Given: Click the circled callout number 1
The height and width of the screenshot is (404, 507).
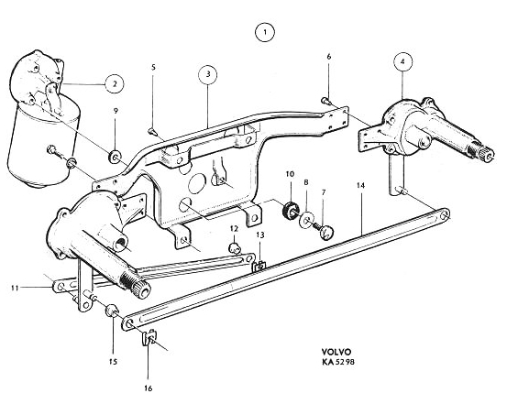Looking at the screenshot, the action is pyautogui.click(x=265, y=32).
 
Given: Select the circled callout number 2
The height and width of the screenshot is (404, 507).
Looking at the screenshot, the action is pyautogui.click(x=115, y=84).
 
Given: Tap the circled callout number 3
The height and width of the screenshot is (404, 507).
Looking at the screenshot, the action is pyautogui.click(x=207, y=74).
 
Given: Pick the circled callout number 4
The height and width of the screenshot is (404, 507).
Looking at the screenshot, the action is pyautogui.click(x=402, y=62).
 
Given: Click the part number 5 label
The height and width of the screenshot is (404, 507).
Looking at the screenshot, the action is pyautogui.click(x=153, y=67).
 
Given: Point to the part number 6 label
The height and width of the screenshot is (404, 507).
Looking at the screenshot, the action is pyautogui.click(x=329, y=57).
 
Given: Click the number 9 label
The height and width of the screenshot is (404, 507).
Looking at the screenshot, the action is pyautogui.click(x=116, y=111).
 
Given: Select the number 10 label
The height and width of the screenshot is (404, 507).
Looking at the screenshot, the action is pyautogui.click(x=290, y=174).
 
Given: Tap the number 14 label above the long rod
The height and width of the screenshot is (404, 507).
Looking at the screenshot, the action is pyautogui.click(x=361, y=186).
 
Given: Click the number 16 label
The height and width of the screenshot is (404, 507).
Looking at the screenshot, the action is pyautogui.click(x=149, y=388).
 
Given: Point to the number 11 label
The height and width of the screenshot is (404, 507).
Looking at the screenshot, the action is pyautogui.click(x=15, y=288).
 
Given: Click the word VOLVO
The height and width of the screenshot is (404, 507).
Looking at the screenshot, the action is pyautogui.click(x=336, y=352).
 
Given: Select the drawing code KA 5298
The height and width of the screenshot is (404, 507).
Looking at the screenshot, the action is pyautogui.click(x=338, y=362).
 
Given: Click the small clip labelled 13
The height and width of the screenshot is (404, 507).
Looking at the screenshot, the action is pyautogui.click(x=259, y=266).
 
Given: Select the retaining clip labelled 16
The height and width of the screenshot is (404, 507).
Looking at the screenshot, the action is pyautogui.click(x=149, y=337).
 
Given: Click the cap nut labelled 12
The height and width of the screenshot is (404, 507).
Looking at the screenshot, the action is pyautogui.click(x=235, y=248).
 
